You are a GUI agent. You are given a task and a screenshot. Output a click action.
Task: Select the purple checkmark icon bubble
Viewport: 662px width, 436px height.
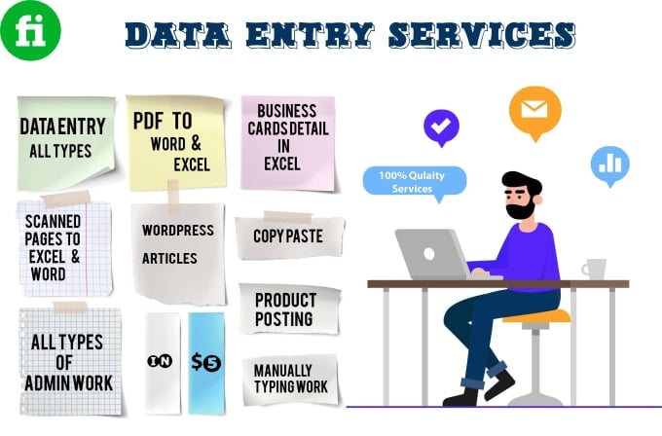tap(440, 127)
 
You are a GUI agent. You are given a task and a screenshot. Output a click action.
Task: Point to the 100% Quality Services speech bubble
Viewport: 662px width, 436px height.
tap(414, 181)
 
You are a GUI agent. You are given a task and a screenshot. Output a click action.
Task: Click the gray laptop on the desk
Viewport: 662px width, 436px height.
tap(432, 255)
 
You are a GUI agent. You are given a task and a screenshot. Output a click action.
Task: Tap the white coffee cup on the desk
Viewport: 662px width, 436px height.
tap(593, 269)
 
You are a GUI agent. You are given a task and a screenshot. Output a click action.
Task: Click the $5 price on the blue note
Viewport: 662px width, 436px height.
tap(206, 362)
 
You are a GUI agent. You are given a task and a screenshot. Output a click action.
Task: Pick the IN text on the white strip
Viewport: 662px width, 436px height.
tap(162, 361)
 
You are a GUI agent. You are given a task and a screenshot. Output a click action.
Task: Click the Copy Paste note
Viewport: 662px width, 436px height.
tap(287, 236)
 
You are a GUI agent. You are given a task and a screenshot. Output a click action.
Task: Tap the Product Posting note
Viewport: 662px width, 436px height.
tap(284, 309)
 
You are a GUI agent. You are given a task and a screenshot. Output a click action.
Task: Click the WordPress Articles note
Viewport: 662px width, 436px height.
tap(174, 245)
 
